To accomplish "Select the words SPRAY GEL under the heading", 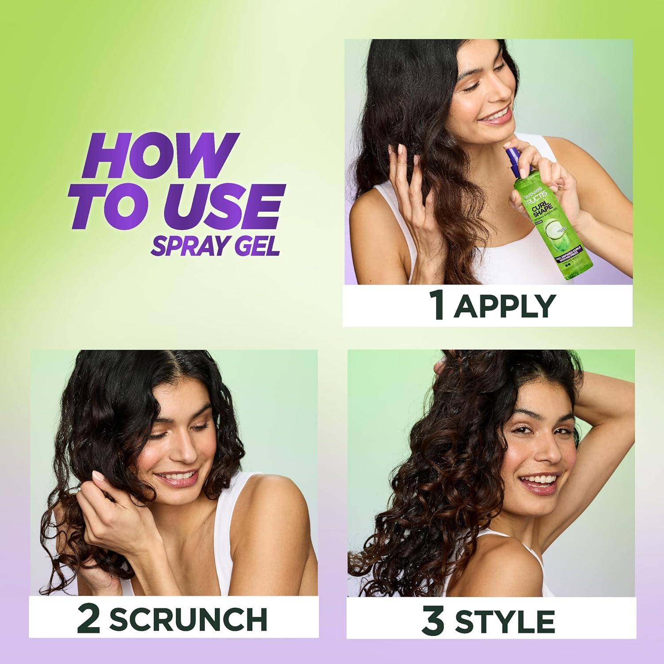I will (x=215, y=243).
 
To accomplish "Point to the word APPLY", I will (x=504, y=305).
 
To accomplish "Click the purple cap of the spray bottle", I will (x=518, y=159).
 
